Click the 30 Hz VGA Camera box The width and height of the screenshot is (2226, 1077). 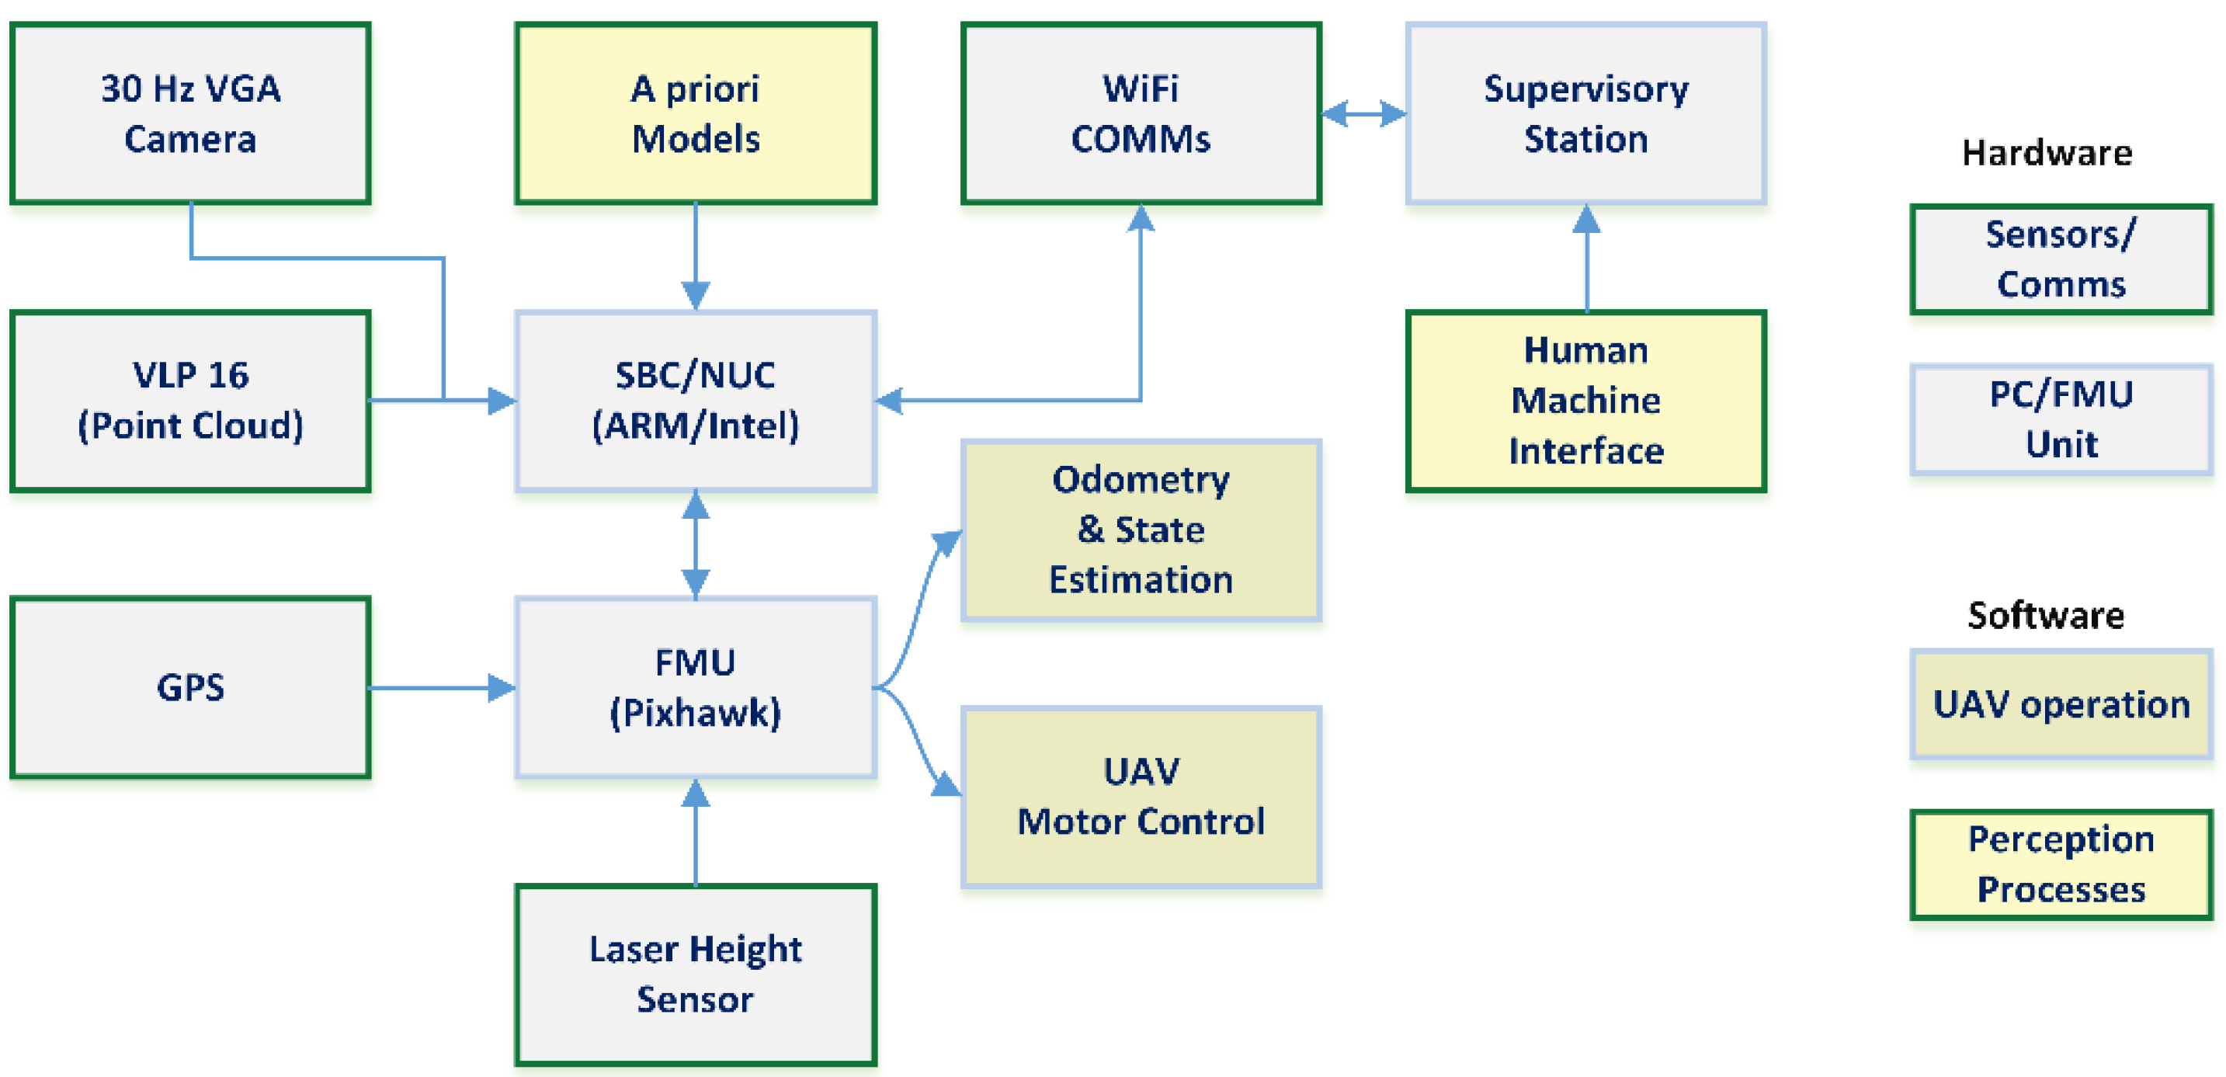(190, 113)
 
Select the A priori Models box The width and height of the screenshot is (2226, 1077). (696, 113)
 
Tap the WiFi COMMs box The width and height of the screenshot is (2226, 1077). (1141, 113)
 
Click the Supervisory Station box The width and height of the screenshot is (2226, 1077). (1585, 113)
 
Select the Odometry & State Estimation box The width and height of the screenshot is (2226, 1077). (1141, 530)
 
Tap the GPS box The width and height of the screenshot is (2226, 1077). (190, 688)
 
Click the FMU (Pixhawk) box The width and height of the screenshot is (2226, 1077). (696, 688)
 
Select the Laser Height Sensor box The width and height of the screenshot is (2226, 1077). (696, 975)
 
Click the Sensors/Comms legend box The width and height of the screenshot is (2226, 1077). (2061, 259)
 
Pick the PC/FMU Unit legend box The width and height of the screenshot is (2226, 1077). (2061, 420)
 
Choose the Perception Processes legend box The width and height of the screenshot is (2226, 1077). (2061, 864)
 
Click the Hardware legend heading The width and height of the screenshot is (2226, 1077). (2047, 154)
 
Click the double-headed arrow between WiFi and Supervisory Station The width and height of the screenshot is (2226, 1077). (1363, 113)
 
